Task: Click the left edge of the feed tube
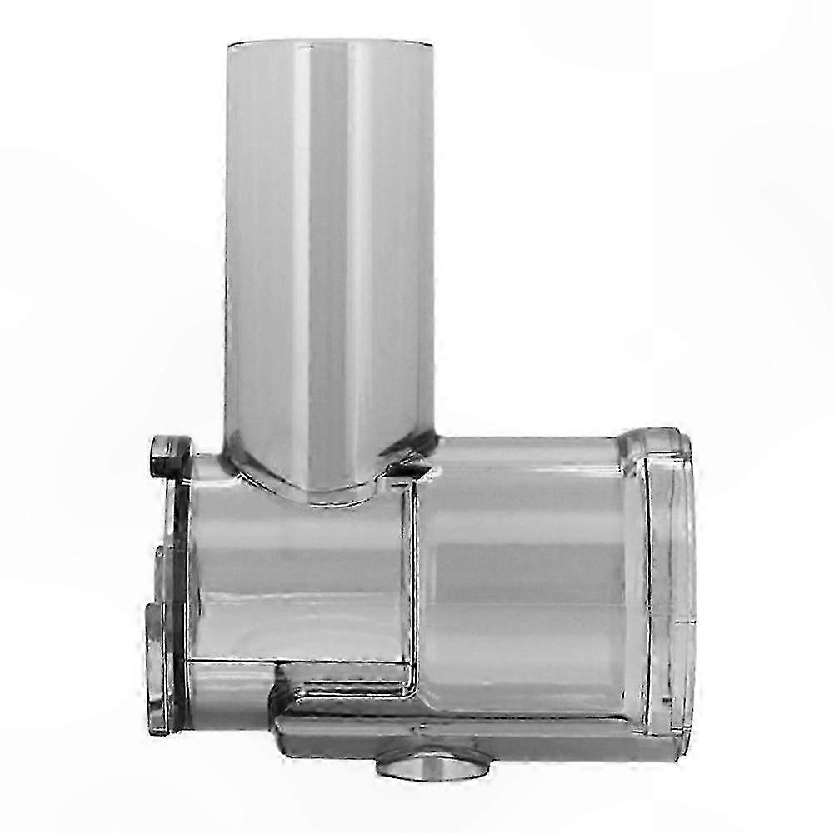[x=228, y=250]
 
